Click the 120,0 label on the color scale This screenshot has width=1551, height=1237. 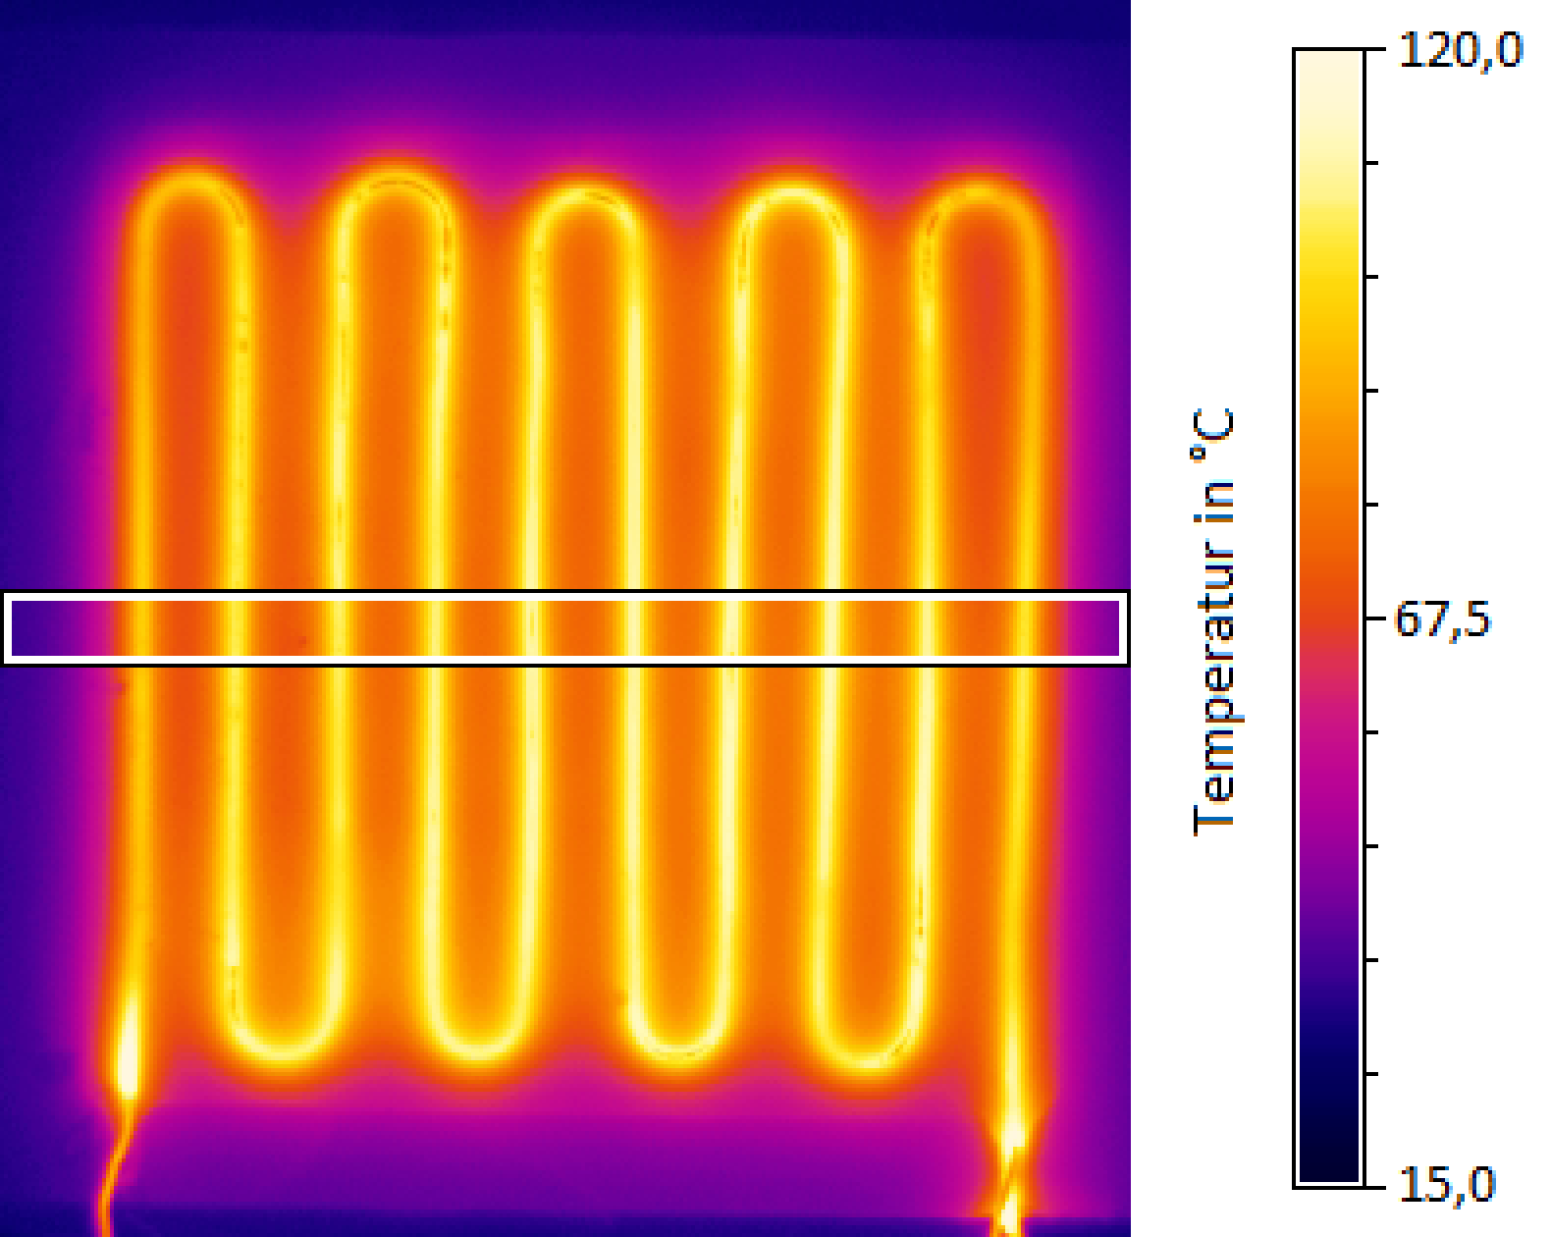(x=1459, y=49)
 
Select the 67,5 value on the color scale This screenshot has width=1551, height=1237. (x=1441, y=620)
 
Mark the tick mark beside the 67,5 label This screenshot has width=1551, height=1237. (x=1373, y=618)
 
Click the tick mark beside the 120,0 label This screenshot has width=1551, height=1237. (x=1373, y=50)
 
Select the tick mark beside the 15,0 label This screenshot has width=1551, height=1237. (x=1373, y=1186)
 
